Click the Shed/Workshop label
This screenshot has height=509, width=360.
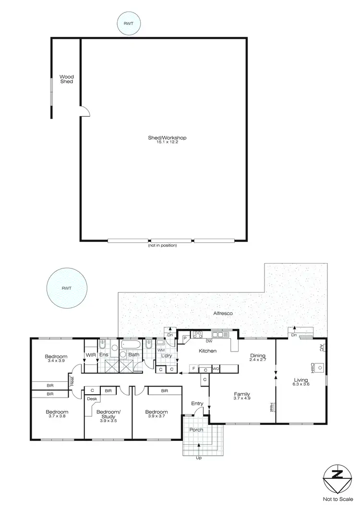pyautogui.click(x=167, y=138)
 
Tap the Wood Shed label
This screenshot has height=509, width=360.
pyautogui.click(x=66, y=79)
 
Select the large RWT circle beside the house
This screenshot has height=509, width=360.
pyautogui.click(x=67, y=289)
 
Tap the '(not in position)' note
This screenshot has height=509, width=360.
pyautogui.click(x=163, y=246)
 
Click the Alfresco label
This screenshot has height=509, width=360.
pyautogui.click(x=223, y=313)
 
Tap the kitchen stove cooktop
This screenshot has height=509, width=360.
pyautogui.click(x=197, y=335)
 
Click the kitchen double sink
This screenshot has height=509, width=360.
pyautogui.click(x=218, y=335)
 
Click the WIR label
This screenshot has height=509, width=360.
pyautogui.click(x=90, y=356)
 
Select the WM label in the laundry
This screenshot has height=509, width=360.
pyautogui.click(x=161, y=351)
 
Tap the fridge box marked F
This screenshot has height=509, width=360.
pyautogui.click(x=193, y=369)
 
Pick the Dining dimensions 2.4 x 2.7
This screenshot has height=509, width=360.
pyautogui.click(x=258, y=360)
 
